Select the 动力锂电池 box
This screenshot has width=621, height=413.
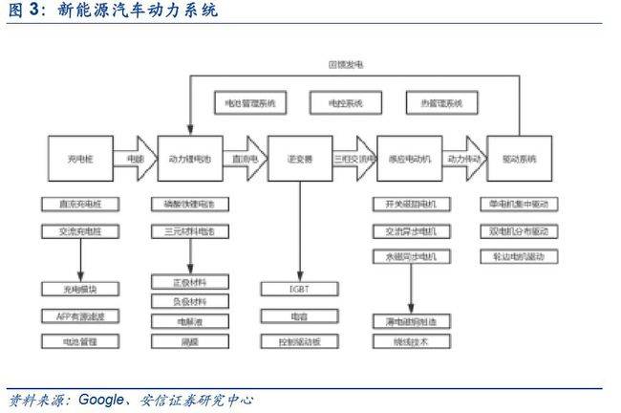click(x=189, y=160)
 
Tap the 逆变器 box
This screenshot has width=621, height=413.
click(x=299, y=160)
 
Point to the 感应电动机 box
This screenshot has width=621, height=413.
click(x=410, y=160)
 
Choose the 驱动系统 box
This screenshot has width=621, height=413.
click(x=519, y=160)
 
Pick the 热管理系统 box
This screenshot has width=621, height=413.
click(x=441, y=102)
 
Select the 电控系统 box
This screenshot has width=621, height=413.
click(x=345, y=102)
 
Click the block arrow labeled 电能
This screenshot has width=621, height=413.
click(x=135, y=160)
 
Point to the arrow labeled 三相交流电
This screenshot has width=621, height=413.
click(x=354, y=160)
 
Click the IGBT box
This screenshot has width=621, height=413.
click(x=299, y=288)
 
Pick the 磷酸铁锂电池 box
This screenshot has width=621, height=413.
click(x=189, y=205)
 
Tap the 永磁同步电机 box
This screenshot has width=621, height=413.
click(x=410, y=257)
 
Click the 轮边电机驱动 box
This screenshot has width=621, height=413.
click(x=519, y=257)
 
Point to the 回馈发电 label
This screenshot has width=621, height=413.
click(x=345, y=65)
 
